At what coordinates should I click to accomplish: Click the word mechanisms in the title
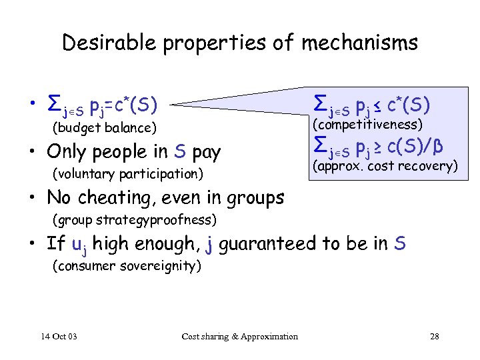pyautogui.click(x=359, y=43)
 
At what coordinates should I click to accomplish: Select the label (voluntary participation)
pyautogui.click(x=127, y=174)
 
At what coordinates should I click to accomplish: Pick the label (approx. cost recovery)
pyautogui.click(x=385, y=166)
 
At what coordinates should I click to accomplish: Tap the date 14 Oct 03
pyautogui.click(x=58, y=336)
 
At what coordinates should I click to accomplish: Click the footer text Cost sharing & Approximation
pyautogui.click(x=240, y=336)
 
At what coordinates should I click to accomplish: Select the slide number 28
pyautogui.click(x=434, y=336)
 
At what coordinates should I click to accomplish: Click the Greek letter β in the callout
pyautogui.click(x=439, y=145)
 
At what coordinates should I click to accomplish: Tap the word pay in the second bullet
pyautogui.click(x=205, y=152)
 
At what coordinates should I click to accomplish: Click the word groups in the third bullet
pyautogui.click(x=255, y=198)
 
